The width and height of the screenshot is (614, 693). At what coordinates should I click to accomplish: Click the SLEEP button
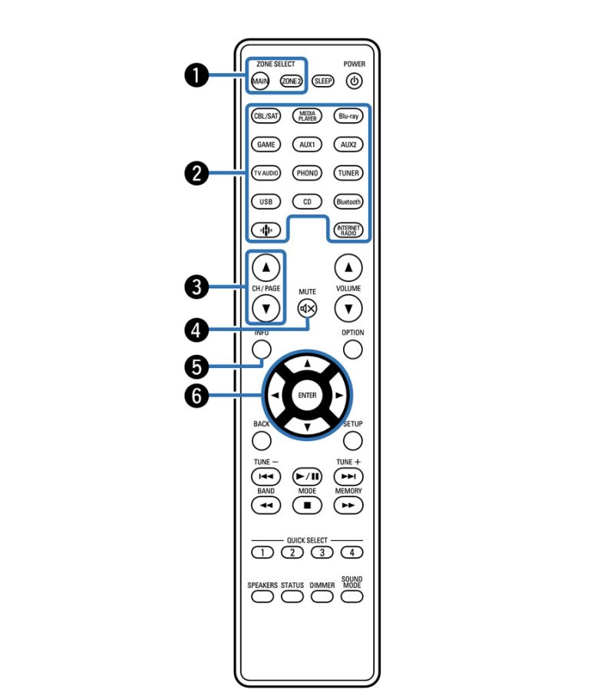click(322, 81)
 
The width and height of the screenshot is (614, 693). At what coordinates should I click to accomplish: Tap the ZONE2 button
click(292, 81)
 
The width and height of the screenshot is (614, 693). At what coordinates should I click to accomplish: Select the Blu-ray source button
click(348, 116)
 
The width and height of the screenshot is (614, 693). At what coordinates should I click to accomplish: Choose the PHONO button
click(307, 173)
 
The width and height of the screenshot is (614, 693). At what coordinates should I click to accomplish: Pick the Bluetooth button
click(348, 201)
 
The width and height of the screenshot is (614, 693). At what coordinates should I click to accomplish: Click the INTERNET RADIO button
click(348, 230)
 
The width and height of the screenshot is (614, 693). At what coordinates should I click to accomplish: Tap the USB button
click(266, 201)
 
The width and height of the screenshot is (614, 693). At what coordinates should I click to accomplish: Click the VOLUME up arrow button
click(348, 267)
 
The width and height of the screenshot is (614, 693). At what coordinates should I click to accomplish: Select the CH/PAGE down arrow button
click(266, 309)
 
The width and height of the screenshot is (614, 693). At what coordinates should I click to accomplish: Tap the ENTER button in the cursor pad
click(307, 395)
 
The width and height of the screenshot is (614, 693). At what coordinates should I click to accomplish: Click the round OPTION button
click(353, 350)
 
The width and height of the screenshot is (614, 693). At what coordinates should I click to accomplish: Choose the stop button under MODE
click(307, 506)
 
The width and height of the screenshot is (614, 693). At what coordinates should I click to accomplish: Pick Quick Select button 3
click(322, 552)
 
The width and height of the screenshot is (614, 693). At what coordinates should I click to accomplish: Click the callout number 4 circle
click(196, 330)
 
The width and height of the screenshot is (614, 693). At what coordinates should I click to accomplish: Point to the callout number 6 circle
click(196, 395)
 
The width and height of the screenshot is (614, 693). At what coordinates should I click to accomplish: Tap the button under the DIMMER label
click(322, 597)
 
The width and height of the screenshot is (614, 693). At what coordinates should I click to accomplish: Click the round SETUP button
click(353, 440)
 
